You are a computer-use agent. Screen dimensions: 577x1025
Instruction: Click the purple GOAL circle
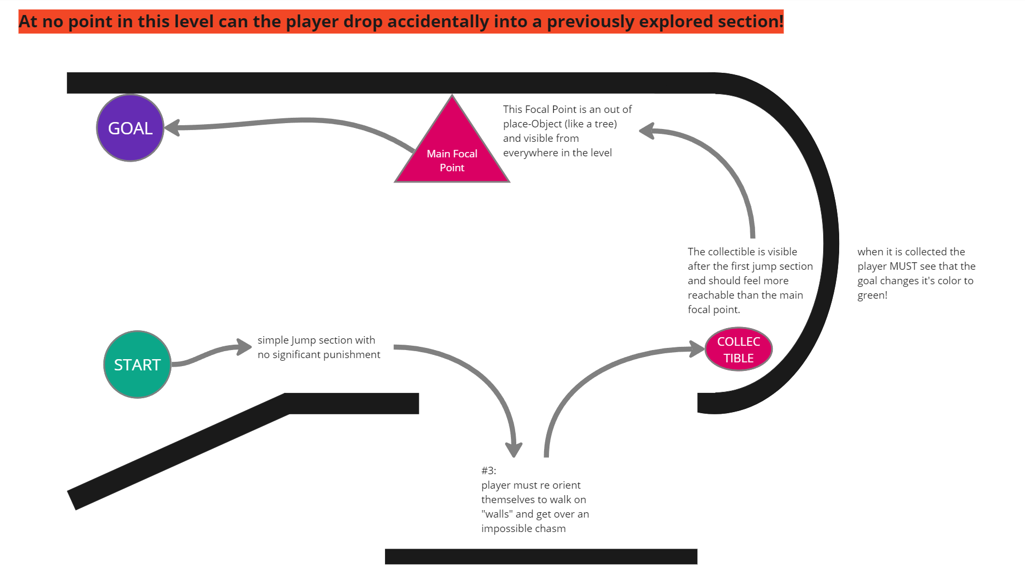click(130, 128)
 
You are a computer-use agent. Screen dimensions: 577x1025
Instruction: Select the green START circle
click(137, 365)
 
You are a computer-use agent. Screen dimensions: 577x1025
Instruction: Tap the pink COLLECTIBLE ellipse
click(738, 350)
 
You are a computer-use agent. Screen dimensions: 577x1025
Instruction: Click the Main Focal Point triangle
click(452, 150)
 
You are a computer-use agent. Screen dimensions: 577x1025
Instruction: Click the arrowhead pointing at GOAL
click(172, 127)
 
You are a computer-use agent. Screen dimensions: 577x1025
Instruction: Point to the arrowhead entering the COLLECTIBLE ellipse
click(697, 349)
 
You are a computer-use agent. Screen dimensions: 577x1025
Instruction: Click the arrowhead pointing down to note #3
click(514, 449)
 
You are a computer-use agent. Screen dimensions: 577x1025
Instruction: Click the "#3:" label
click(488, 470)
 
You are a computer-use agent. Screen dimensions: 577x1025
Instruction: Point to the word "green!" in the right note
click(872, 295)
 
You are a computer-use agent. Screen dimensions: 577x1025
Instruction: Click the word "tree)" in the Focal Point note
click(605, 124)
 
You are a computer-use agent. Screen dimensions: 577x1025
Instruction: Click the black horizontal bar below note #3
click(541, 556)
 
